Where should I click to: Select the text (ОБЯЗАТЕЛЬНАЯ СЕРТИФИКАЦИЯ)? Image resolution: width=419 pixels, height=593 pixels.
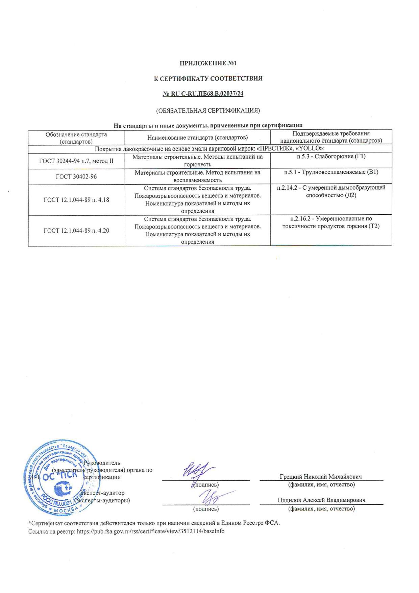point(207,111)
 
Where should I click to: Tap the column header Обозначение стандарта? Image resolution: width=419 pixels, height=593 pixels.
point(76,134)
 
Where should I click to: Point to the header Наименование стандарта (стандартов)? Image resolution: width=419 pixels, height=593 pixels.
point(197,138)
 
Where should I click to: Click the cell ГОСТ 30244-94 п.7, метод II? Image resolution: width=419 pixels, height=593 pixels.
point(76,161)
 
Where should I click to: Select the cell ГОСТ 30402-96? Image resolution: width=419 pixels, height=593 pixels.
point(76,176)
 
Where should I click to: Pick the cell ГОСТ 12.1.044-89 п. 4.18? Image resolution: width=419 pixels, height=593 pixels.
point(76,200)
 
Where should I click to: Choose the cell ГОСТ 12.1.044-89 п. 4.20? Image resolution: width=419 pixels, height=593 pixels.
point(76,231)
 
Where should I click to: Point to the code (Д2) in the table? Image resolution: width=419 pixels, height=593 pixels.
point(350,195)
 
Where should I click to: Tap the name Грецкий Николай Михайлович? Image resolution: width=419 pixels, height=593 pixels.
point(321,477)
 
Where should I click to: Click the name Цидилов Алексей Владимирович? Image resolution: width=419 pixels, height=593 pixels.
point(321,500)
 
